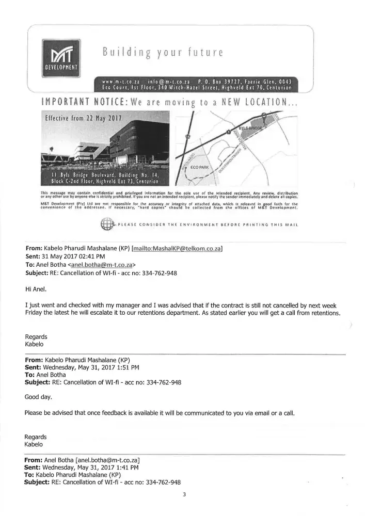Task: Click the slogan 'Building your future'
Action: coord(162,52)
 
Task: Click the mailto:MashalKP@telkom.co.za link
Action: coord(178,249)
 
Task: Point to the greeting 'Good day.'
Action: coord(38,397)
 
